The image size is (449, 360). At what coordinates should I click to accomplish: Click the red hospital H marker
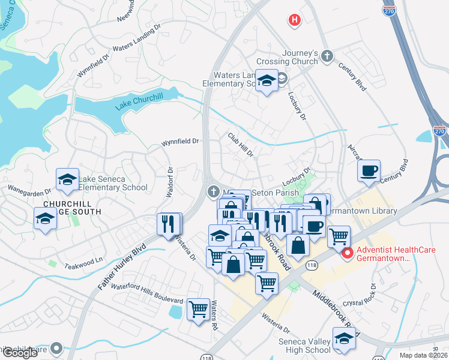[294, 20]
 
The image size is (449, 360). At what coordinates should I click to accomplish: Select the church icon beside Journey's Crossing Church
[327, 56]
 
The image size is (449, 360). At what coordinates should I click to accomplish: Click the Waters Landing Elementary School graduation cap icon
[265, 80]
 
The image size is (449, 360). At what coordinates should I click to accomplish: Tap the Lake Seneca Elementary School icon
[67, 179]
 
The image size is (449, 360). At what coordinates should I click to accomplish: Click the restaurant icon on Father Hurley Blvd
[169, 224]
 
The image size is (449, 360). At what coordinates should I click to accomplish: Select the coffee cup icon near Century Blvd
[369, 170]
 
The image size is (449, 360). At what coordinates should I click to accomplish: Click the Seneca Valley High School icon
[343, 340]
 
